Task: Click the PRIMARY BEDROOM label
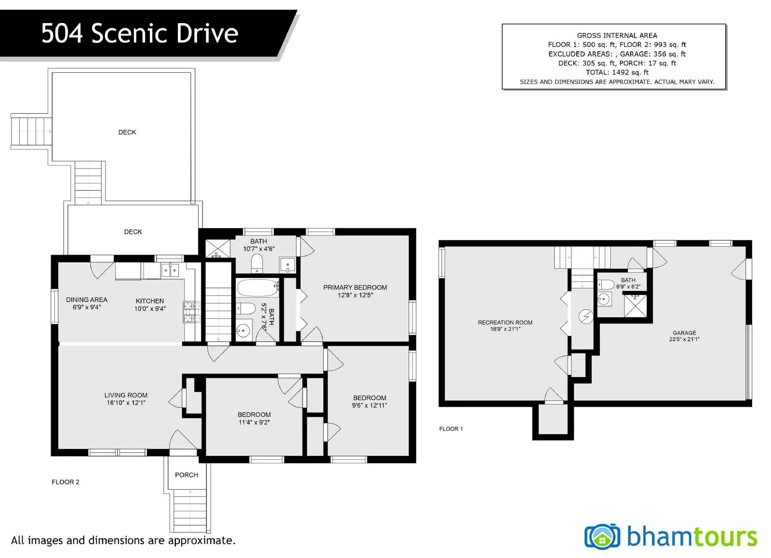click(x=355, y=287)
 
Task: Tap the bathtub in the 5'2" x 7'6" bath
click(x=258, y=288)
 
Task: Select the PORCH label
click(x=186, y=475)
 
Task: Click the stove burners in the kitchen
click(x=191, y=312)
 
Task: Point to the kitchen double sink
click(x=170, y=270)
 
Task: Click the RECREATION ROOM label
click(x=505, y=323)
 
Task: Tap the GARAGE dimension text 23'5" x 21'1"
click(x=684, y=339)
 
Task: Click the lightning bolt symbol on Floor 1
click(x=586, y=316)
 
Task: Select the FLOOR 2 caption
click(x=66, y=482)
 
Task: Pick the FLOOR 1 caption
click(x=451, y=428)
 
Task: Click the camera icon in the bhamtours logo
click(x=602, y=536)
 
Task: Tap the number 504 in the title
click(x=62, y=33)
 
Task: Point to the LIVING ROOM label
click(x=126, y=395)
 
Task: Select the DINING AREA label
click(x=87, y=300)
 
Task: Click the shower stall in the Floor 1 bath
click(x=636, y=306)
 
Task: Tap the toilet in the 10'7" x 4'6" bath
click(x=257, y=264)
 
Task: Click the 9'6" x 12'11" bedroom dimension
click(x=369, y=405)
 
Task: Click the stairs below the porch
click(x=190, y=510)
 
